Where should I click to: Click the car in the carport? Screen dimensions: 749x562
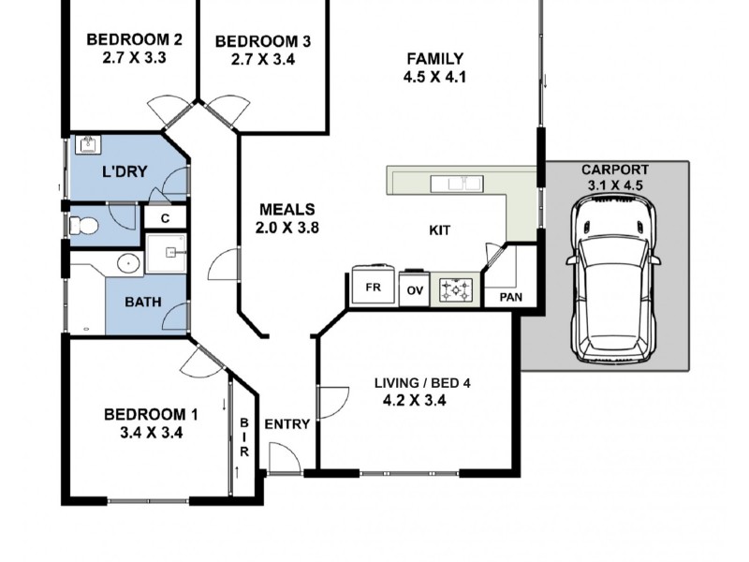pos(614,278)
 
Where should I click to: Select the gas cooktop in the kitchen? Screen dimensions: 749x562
pos(456,289)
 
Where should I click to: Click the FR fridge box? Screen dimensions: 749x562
pos(373,286)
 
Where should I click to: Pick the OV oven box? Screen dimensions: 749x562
pos(415,288)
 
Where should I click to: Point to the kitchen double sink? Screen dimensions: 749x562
pos(457,183)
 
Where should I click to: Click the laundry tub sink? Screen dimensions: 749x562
pos(88,145)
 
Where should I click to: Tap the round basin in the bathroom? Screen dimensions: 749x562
pos(128,263)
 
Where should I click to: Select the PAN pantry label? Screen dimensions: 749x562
pos(510,297)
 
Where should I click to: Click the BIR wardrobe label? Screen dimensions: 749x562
pos(244,436)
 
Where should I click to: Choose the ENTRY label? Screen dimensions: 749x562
pos(287,424)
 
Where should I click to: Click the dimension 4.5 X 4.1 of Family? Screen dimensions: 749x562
pos(434,77)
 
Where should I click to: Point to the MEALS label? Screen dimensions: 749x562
pos(287,209)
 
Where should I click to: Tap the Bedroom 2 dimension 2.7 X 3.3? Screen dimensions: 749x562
pos(134,58)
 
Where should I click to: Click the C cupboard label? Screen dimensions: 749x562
pos(166,219)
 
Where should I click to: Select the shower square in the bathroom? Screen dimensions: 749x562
pos(166,253)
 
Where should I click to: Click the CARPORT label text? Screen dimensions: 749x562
pos(615,170)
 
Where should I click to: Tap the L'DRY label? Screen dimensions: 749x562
pos(125,171)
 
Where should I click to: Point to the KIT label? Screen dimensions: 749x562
pos(439,230)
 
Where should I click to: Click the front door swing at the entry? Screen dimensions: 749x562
pos(286,457)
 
